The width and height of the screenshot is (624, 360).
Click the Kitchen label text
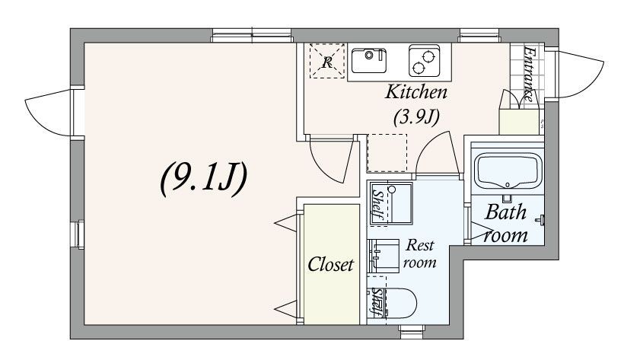(x=416, y=92)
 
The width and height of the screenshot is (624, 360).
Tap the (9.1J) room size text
(x=204, y=179)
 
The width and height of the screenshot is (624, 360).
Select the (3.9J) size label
(x=416, y=117)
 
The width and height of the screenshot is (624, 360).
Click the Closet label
(x=330, y=264)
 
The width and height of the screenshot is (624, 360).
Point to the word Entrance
(x=530, y=74)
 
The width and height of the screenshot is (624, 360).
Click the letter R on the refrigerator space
(x=327, y=62)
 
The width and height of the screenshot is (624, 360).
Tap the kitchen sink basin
(x=369, y=61)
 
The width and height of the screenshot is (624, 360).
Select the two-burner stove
(x=424, y=61)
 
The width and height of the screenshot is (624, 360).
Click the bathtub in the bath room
(x=508, y=171)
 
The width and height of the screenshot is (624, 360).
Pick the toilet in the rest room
(x=396, y=304)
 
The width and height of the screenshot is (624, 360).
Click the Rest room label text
(x=420, y=253)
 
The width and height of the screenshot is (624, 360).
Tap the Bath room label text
(x=506, y=224)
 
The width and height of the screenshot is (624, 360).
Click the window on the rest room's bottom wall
(x=412, y=329)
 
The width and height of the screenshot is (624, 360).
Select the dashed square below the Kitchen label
(x=387, y=153)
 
